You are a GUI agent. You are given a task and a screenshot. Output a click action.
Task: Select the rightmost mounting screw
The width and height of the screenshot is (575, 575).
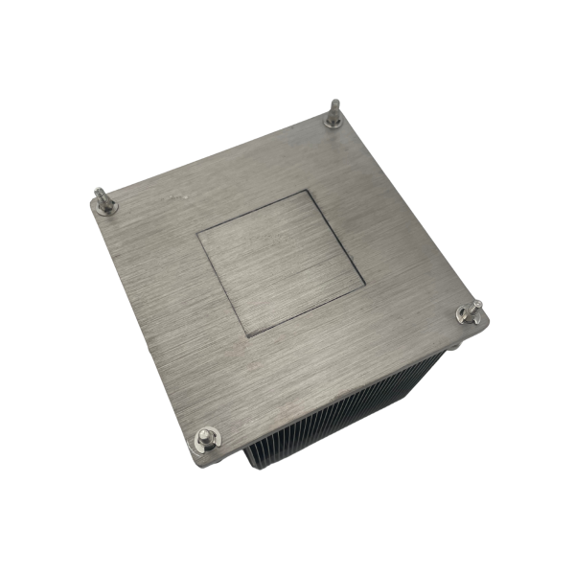tap(469, 312)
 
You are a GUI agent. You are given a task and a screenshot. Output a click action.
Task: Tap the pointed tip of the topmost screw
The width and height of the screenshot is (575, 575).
tap(334, 102)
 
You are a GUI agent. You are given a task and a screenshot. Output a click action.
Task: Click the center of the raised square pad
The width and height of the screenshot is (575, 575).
tap(280, 262)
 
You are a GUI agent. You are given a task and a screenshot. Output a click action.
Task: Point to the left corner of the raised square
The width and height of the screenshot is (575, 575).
tap(198, 233)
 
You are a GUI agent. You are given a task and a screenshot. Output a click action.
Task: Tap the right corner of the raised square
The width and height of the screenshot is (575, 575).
tap(364, 286)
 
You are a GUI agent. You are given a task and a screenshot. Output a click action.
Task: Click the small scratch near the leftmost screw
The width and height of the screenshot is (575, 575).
tap(174, 196)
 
